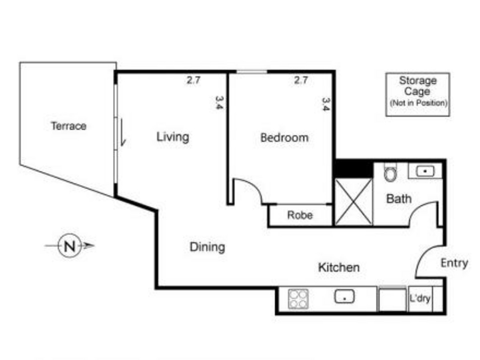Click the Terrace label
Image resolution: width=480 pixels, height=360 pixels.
(69, 126)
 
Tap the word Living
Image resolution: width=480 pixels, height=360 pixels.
(173, 137)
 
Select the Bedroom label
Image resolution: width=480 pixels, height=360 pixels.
(284, 138)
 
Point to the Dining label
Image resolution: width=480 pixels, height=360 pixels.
(207, 247)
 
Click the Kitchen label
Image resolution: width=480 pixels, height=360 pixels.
(339, 267)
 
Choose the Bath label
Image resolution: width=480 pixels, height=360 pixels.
(399, 199)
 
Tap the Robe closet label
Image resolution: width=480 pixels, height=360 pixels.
(300, 215)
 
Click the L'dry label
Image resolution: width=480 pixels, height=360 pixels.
(420, 298)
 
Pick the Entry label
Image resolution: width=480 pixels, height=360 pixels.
(454, 263)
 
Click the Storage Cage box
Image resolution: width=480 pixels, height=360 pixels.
(418, 94)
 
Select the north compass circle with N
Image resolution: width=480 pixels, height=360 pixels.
(70, 246)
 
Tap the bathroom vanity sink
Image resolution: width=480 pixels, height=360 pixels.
(425, 171)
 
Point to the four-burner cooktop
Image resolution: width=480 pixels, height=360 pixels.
(298, 299)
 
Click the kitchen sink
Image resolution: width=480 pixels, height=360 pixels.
(344, 297)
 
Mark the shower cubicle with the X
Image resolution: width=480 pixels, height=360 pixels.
(353, 202)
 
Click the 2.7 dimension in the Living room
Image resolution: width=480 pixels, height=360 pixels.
(193, 80)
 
